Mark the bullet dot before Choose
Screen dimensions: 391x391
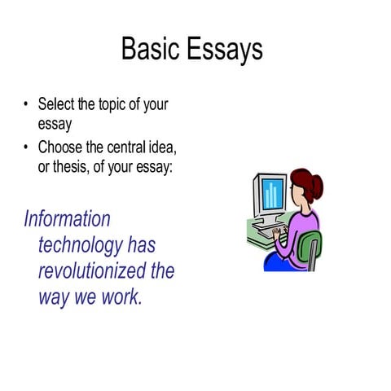point(26,148)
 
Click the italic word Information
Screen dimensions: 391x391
point(67,219)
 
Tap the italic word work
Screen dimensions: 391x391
point(121,297)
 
